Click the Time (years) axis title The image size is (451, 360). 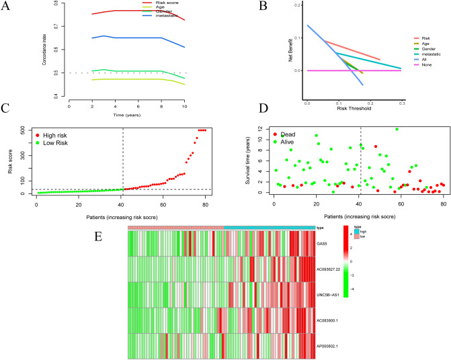pyautogui.click(x=126, y=116)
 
